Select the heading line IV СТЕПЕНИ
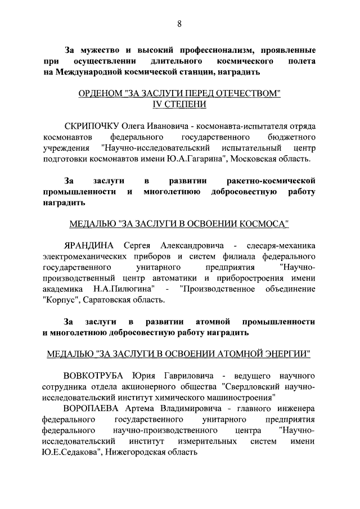pyautogui.click(x=179, y=105)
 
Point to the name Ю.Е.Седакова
pyautogui.click(x=71, y=452)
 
